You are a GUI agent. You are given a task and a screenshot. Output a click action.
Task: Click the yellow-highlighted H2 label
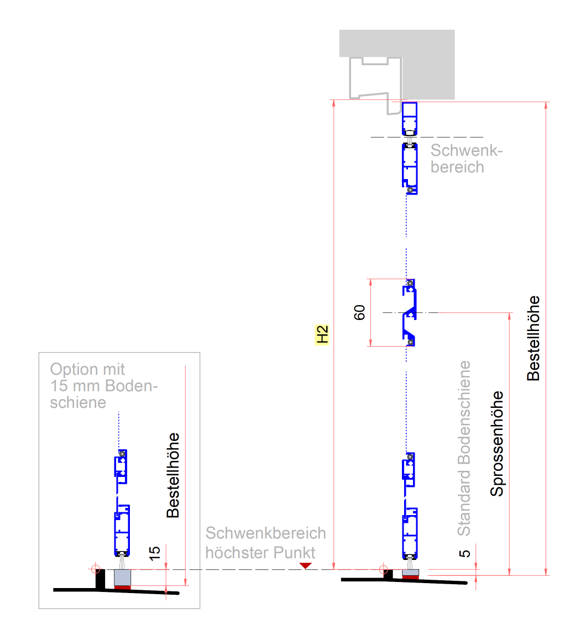pyautogui.click(x=322, y=334)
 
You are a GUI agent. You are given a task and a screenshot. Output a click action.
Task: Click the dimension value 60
pyautogui.click(x=359, y=313)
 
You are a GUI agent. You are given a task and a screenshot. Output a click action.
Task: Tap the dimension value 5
pyautogui.click(x=465, y=553)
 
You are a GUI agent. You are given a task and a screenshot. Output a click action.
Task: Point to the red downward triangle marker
pyautogui.click(x=305, y=566)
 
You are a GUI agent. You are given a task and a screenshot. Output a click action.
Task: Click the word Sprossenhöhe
pyautogui.click(x=498, y=444)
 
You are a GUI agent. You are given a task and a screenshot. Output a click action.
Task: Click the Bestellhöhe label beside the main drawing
pyautogui.click(x=533, y=338)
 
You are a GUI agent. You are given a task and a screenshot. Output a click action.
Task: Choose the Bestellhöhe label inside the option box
pyautogui.click(x=174, y=474)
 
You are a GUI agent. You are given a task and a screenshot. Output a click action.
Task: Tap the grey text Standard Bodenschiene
pyautogui.click(x=464, y=448)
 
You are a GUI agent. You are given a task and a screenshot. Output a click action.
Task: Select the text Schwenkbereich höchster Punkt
pyautogui.click(x=266, y=543)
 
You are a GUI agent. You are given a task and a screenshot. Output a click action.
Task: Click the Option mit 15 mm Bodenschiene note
pyautogui.click(x=101, y=385)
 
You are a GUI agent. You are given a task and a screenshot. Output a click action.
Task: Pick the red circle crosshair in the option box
pyautogui.click(x=95, y=568)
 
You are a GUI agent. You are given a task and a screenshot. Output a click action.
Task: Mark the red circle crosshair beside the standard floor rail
pyautogui.click(x=382, y=569)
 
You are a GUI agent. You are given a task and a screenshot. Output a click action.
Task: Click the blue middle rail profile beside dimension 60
pyautogui.click(x=410, y=313)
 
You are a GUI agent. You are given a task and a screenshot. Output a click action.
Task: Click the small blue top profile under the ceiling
pyautogui.click(x=410, y=118)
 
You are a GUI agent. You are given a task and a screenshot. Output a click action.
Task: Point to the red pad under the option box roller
pyautogui.click(x=122, y=587)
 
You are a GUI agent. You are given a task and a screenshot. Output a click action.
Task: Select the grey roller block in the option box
pyautogui.click(x=122, y=577)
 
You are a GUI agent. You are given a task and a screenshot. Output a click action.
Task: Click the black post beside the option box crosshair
pyautogui.click(x=101, y=579)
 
